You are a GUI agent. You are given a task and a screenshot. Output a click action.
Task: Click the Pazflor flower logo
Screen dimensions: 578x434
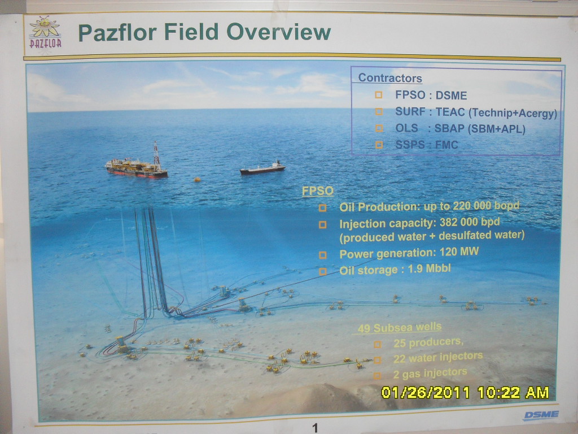(x=45, y=32)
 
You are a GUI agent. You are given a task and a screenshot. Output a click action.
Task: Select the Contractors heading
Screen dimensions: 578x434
(x=390, y=78)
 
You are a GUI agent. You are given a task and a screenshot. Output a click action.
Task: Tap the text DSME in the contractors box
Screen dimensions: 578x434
(x=451, y=96)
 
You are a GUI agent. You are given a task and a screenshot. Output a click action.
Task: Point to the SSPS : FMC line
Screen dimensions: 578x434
(x=427, y=145)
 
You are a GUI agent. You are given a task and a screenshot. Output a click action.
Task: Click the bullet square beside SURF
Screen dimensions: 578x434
(x=379, y=111)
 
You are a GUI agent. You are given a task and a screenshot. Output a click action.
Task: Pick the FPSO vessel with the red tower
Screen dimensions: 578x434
(x=137, y=162)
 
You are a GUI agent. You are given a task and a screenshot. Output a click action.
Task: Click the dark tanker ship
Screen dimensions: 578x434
(x=263, y=168)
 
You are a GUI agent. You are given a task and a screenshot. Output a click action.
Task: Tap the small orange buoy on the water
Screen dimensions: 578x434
(x=197, y=180)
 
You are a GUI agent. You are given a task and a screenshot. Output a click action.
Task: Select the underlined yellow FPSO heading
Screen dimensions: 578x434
(x=317, y=191)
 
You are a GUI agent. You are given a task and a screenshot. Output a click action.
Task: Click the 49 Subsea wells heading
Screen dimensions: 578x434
(x=400, y=328)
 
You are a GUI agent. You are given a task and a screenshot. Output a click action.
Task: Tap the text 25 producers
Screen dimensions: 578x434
(x=428, y=342)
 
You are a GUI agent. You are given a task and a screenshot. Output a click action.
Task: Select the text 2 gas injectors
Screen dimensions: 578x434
(x=430, y=374)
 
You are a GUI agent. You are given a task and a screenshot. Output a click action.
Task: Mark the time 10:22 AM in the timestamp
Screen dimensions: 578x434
(x=513, y=392)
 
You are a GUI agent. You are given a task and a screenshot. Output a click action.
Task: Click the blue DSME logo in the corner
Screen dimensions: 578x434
(x=541, y=415)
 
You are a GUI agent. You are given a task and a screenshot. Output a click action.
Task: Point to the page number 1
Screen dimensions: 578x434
(x=315, y=428)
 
